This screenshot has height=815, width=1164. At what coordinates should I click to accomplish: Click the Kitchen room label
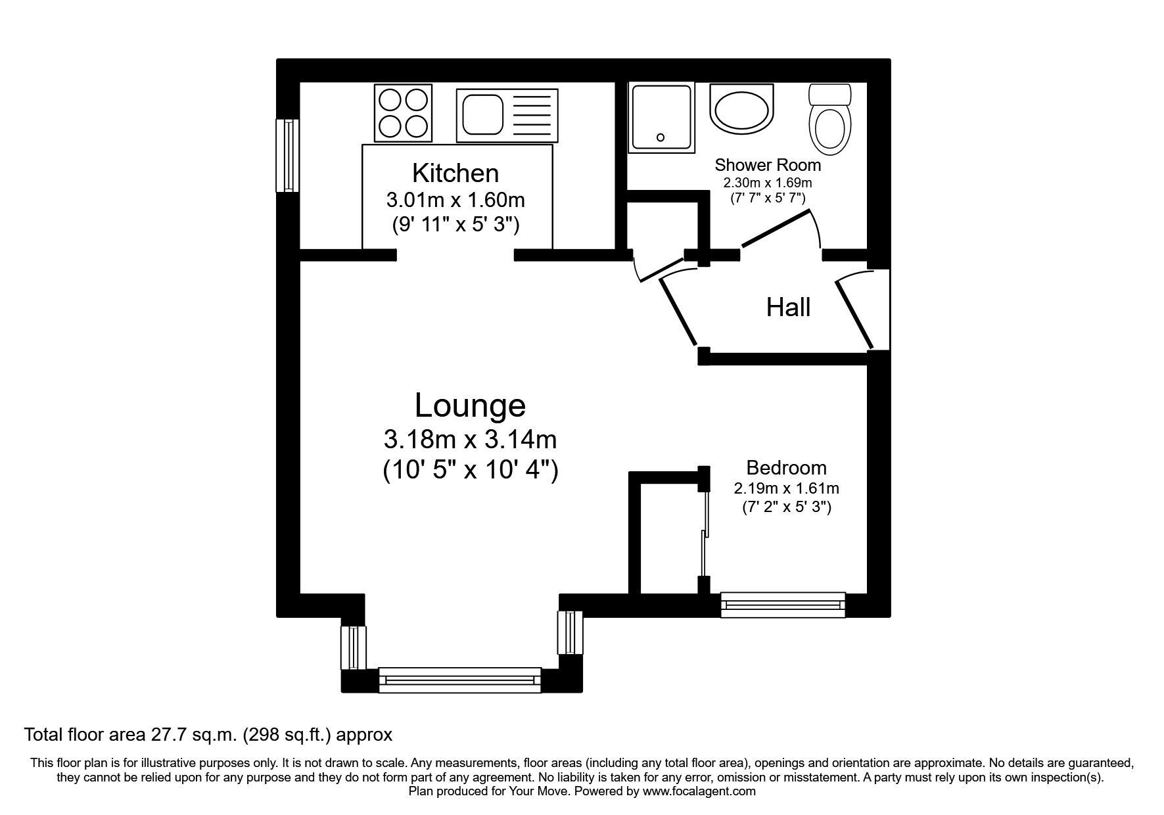(x=455, y=173)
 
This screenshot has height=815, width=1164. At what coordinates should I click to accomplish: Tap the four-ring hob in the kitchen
(x=404, y=112)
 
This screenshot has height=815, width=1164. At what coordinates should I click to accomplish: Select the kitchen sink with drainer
(x=507, y=116)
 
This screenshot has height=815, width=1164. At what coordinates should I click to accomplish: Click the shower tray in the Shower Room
(x=661, y=117)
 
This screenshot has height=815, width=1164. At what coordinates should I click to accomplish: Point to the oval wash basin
(x=742, y=110)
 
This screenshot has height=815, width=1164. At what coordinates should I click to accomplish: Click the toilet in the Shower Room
(x=829, y=118)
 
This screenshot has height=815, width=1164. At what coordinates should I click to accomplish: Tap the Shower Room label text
(x=768, y=164)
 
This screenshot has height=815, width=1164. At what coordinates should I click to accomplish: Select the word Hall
(x=788, y=308)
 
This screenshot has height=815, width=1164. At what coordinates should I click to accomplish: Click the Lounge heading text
(x=470, y=406)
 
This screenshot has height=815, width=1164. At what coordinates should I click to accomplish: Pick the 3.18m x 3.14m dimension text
(x=470, y=438)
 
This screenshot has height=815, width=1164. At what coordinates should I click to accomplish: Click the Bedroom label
(x=786, y=468)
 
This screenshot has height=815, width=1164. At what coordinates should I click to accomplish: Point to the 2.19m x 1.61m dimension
(x=786, y=488)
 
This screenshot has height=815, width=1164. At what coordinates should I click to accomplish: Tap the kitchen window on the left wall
(x=287, y=155)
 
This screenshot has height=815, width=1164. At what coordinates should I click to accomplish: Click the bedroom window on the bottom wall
(x=783, y=605)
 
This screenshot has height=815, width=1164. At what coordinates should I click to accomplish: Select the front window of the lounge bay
(x=459, y=680)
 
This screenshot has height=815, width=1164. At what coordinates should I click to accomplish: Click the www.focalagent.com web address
(x=699, y=791)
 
